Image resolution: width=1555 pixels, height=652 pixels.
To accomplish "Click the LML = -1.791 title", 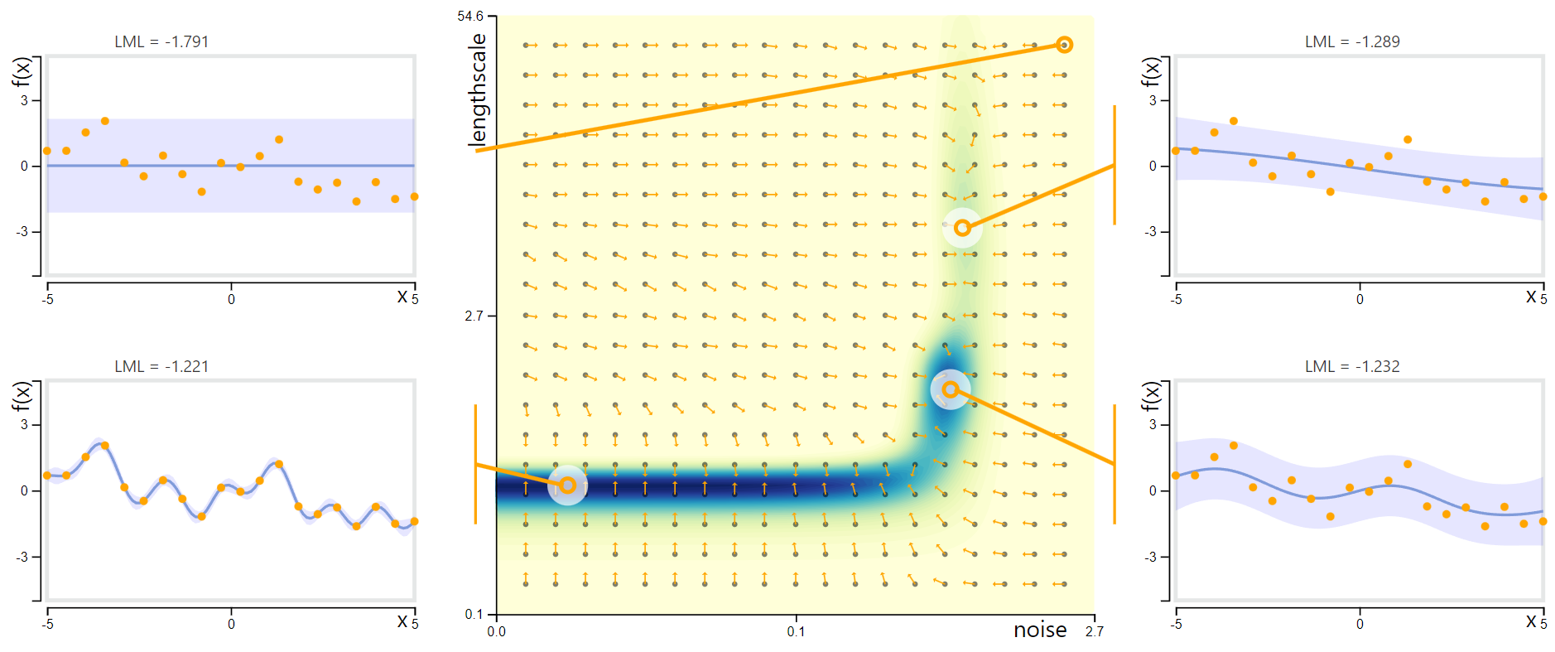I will (161, 41).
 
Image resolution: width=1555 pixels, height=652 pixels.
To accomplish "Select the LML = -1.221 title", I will (161, 366).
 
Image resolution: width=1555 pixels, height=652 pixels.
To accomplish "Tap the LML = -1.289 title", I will (1352, 41).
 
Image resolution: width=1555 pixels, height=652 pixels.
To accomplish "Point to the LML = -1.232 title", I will (1352, 366).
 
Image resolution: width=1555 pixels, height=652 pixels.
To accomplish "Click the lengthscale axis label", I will (478, 89).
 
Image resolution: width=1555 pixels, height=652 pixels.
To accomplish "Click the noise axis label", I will (1040, 630).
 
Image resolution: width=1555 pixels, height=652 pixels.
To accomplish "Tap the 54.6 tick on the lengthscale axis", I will (469, 17).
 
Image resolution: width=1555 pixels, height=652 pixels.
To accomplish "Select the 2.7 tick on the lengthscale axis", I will (474, 316).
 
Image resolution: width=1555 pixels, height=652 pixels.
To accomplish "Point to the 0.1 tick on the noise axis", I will (796, 631).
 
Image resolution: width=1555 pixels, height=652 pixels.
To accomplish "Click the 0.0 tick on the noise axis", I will (496, 631).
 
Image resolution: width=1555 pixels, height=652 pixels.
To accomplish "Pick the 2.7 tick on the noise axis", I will (1094, 631).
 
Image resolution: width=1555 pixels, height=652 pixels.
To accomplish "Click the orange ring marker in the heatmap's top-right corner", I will (1065, 45).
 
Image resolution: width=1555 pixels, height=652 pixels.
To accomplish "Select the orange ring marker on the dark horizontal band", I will (567, 485).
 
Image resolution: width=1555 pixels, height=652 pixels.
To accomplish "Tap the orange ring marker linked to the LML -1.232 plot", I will (951, 389).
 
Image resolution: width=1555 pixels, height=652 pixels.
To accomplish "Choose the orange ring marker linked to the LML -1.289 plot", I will (962, 228).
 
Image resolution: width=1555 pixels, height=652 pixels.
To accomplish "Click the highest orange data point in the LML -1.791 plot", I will (105, 121).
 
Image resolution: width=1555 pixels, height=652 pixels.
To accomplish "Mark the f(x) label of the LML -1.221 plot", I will (21, 397).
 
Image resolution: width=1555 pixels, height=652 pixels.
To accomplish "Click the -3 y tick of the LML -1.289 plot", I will (1151, 231).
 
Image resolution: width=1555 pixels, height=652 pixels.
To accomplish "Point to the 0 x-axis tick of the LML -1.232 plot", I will (1360, 625).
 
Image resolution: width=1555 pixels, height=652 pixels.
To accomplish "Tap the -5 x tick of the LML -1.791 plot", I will (48, 300).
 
